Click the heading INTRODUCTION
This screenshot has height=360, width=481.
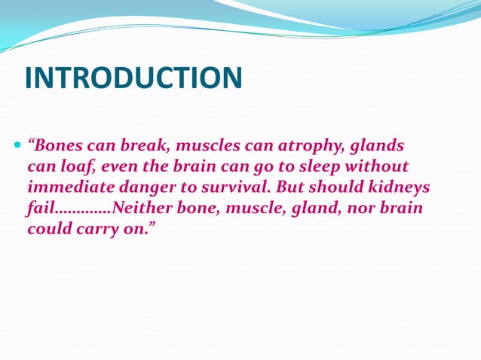pyautogui.click(x=133, y=78)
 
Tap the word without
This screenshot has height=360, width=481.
pyautogui.click(x=381, y=166)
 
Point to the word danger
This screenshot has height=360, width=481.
pyautogui.click(x=152, y=187)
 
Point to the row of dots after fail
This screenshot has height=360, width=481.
pyautogui.click(x=82, y=211)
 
